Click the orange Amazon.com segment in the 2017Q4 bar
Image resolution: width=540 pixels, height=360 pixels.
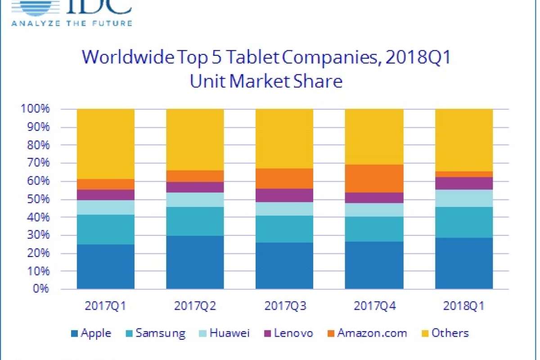pos(374,179)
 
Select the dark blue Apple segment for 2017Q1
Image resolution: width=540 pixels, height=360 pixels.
pos(106,266)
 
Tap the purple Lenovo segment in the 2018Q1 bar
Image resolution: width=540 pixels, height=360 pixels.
pos(463,183)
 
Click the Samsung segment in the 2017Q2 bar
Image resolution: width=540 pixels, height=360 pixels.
pos(195,221)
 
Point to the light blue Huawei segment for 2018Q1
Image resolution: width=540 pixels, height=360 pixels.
pos(463,198)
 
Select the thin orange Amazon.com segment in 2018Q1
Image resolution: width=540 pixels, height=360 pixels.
pos(463,174)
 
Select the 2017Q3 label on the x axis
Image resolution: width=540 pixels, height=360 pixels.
pos(284,306)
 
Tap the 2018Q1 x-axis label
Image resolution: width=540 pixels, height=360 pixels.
pos(463,306)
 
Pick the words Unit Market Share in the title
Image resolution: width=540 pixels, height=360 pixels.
pos(265,82)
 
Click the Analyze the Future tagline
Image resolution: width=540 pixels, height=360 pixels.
pos(72,22)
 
